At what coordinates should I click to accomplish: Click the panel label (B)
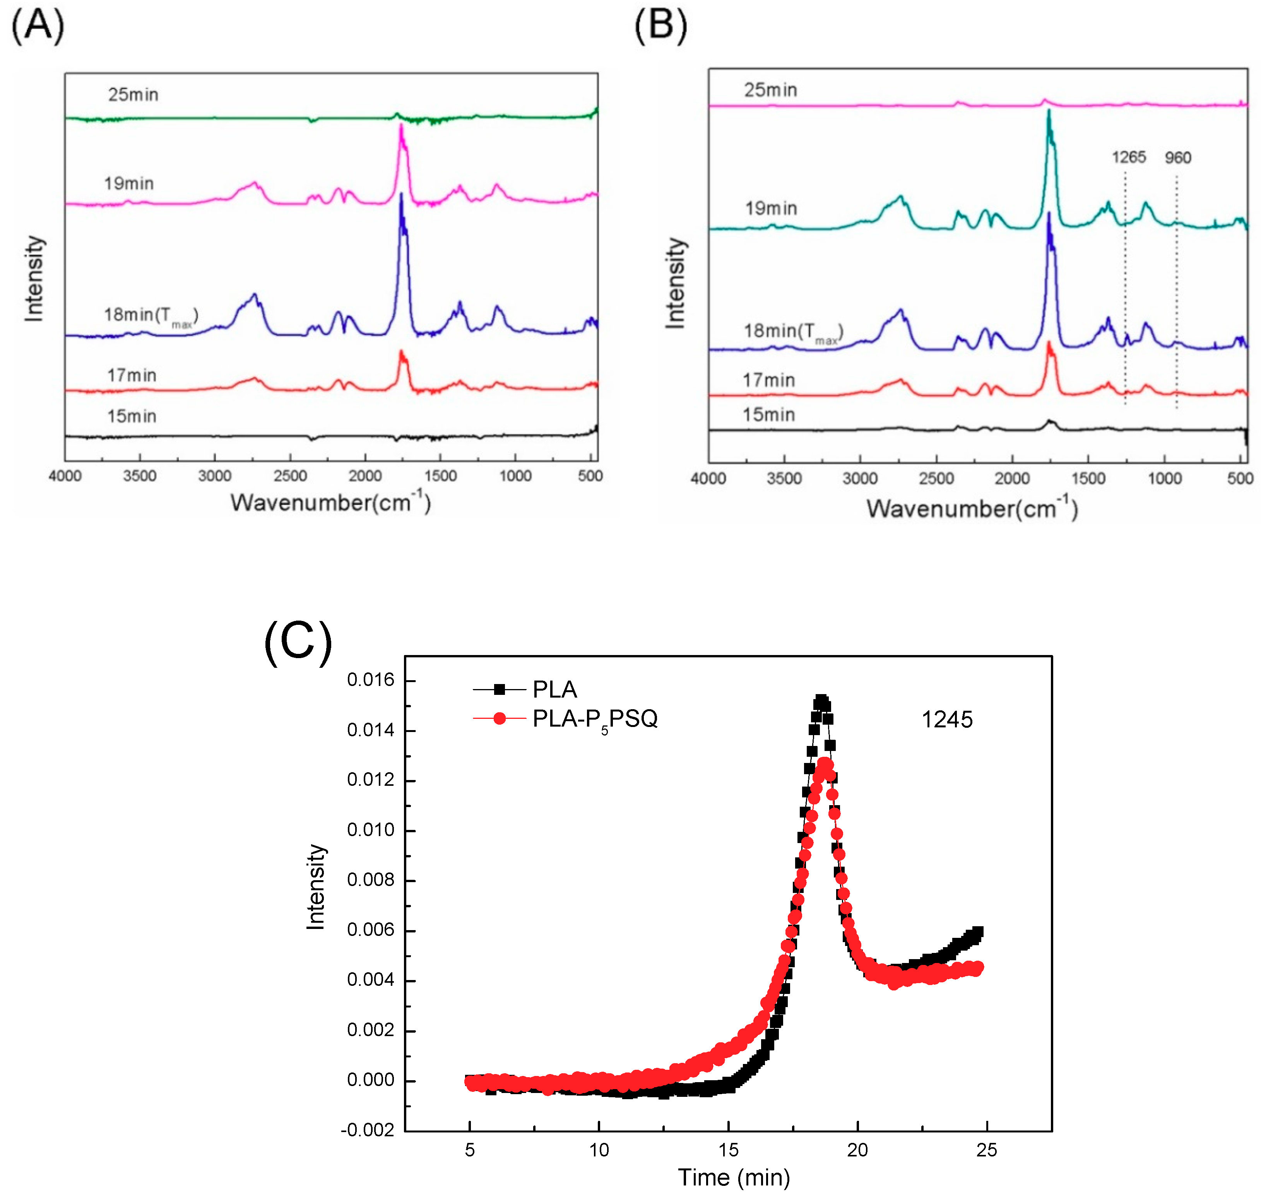coord(660,26)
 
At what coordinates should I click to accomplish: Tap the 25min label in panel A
coord(133,94)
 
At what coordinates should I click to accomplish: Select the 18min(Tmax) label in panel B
coord(792,332)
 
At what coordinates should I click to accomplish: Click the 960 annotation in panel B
coord(1177,158)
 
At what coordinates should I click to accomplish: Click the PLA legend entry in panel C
coord(554,689)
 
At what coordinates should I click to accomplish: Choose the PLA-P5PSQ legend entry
coord(594,719)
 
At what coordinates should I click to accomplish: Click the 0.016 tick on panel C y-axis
coord(371,680)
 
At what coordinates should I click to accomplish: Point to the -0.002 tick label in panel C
coord(368,1131)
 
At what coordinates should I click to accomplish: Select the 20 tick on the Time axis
coord(857,1150)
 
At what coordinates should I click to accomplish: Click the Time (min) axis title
coord(733,1178)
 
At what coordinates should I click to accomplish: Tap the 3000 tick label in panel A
coord(215,476)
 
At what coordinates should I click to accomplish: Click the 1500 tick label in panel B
coord(1088,479)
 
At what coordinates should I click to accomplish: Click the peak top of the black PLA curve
coord(821,701)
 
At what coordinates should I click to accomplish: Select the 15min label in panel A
coord(132,417)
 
